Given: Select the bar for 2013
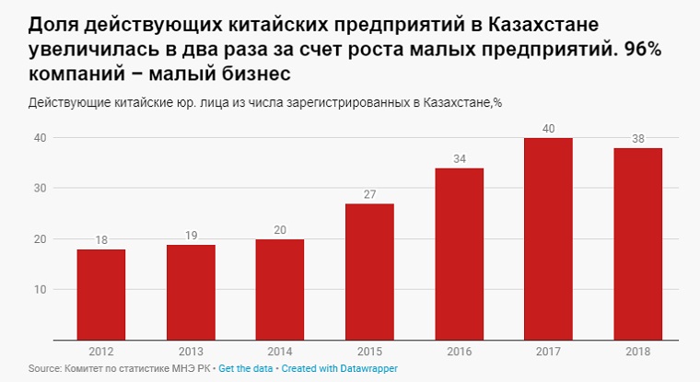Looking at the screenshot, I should tap(191, 292).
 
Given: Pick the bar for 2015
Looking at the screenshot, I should tap(369, 272).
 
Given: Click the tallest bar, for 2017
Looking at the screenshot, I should tap(548, 239).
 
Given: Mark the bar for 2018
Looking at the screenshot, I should tap(637, 244).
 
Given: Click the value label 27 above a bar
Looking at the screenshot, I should tap(369, 194).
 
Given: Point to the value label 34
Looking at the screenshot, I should tap(459, 159).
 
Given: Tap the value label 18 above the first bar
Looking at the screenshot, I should tap(101, 240).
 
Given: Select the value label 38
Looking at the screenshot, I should tap(637, 139).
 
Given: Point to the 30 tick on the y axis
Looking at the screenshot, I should tap(41, 188).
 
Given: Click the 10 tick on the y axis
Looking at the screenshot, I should tap(41, 289).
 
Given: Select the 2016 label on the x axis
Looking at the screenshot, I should tap(459, 351).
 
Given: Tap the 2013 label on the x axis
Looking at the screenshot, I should tap(191, 351).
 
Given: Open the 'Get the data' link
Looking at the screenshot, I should tap(245, 368).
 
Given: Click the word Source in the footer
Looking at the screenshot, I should tap(44, 368).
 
